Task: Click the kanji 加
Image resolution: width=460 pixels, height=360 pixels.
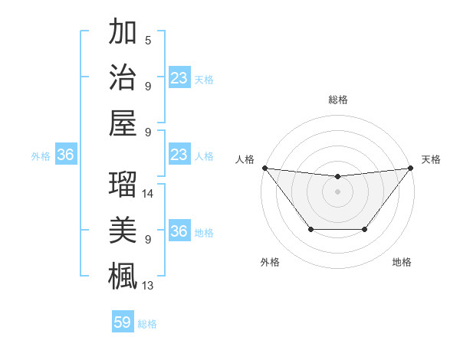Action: pos(123,31)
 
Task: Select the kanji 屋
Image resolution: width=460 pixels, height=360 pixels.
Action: pos(123,122)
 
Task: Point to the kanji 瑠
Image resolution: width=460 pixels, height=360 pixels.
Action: pos(123,185)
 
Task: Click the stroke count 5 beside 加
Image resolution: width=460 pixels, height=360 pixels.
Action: pos(148,40)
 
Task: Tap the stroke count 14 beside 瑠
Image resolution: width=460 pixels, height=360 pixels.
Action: pos(148,194)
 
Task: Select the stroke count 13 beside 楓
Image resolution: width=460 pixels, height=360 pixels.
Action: pos(148,286)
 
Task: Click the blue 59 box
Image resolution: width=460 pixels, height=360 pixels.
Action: pos(123,322)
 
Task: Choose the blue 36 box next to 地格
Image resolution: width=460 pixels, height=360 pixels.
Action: pos(179,231)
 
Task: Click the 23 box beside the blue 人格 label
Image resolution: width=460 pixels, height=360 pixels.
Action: pos(179,155)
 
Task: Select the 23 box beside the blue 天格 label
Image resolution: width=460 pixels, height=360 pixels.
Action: pos(179,77)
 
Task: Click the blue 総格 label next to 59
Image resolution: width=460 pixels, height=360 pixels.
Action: pos(147,324)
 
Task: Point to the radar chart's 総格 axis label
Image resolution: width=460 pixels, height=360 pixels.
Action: pos(337,100)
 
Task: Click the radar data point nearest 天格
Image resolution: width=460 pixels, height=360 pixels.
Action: pos(409,168)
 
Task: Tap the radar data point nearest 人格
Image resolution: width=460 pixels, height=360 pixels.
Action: pos(264,168)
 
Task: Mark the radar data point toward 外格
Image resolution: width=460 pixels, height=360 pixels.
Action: pos(310,229)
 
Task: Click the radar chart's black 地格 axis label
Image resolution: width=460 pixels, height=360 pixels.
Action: pos(402,262)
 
